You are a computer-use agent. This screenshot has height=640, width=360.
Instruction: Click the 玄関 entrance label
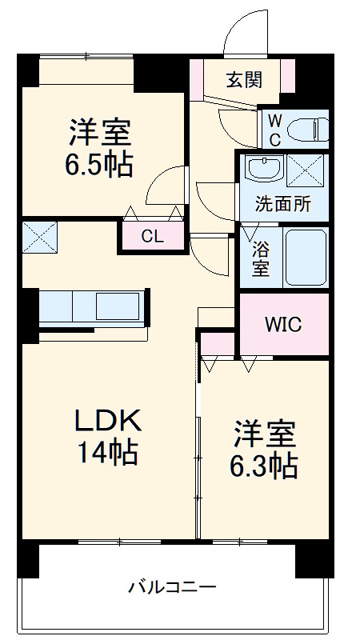click(243, 79)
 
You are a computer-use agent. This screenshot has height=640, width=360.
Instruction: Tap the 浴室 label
click(260, 258)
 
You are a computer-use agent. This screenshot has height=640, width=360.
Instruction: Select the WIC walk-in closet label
click(284, 326)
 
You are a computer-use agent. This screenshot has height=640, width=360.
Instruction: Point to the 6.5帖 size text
click(99, 166)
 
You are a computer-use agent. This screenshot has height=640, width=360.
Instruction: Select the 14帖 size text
click(107, 453)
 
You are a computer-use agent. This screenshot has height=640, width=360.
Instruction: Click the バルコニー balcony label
click(173, 588)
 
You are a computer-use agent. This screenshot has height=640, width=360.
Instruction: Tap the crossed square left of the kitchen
click(40, 236)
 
